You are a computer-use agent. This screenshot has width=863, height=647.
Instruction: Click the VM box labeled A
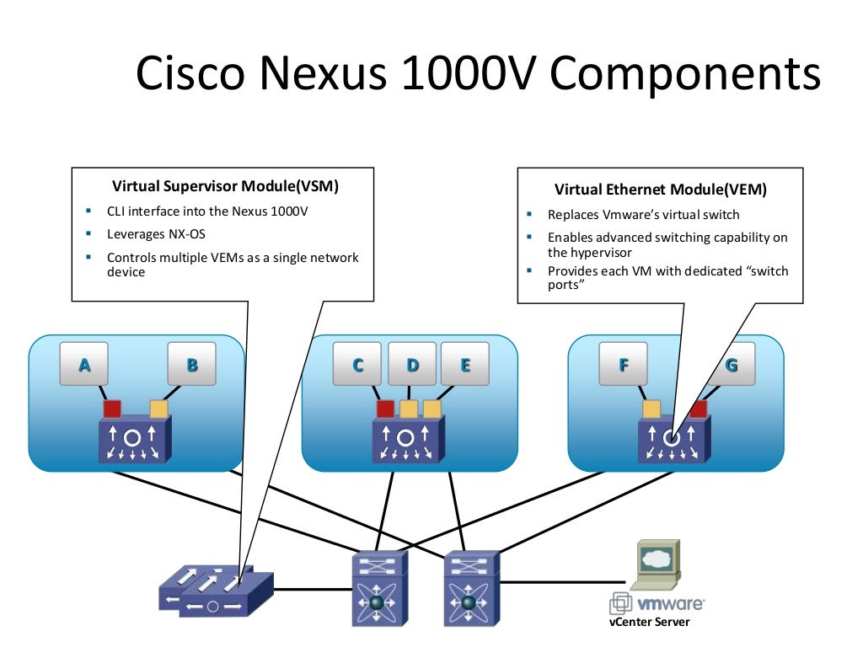(84, 364)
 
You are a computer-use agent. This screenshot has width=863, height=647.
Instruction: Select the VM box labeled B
(192, 364)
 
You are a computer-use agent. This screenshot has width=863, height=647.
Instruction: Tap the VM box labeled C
(358, 364)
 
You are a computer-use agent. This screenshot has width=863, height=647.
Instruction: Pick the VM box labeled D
(412, 364)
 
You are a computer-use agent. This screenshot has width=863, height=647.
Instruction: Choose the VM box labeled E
(465, 364)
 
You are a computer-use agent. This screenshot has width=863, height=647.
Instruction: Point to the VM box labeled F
(624, 364)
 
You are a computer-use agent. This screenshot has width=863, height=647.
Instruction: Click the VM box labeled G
(731, 364)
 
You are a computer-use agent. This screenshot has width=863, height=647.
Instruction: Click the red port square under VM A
(112, 409)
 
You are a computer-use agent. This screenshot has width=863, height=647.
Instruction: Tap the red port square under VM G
(699, 409)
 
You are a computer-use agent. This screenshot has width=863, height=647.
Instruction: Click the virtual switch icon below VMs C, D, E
(405, 441)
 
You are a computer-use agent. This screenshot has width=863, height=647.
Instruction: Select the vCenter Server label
(649, 623)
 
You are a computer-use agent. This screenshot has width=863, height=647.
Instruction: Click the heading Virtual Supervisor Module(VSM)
(231, 186)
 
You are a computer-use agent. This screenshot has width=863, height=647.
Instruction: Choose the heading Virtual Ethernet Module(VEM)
(661, 190)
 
